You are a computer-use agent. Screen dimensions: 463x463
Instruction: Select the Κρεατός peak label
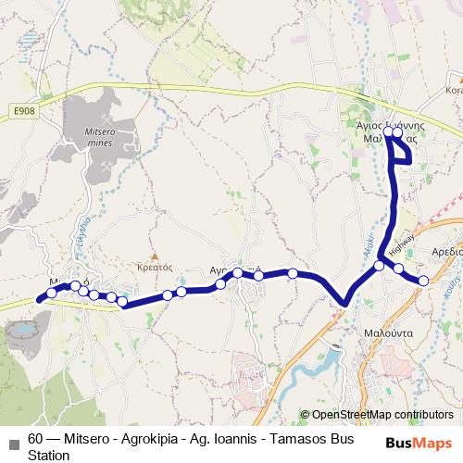point(156,266)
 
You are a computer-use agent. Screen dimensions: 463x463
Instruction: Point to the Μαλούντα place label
point(382,329)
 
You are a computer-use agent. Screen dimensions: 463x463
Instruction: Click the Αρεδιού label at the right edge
point(445,251)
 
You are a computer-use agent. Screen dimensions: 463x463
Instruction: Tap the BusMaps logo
point(419,444)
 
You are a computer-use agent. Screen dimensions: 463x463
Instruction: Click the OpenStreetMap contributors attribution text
point(382,415)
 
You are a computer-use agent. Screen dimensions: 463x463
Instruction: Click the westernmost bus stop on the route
point(40,298)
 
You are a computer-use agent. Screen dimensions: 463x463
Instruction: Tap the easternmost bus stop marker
point(423,281)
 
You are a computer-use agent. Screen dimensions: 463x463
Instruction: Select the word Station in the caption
point(48,456)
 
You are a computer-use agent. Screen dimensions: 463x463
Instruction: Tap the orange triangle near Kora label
point(453,80)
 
